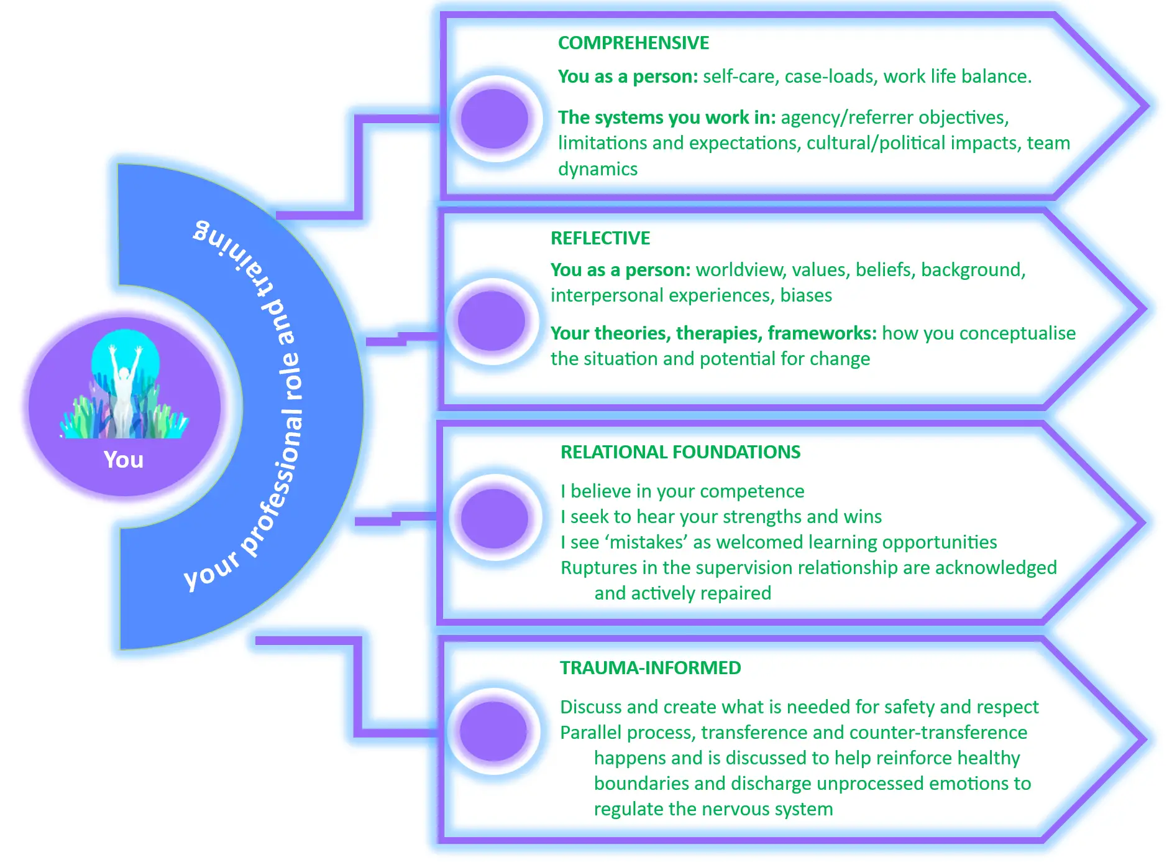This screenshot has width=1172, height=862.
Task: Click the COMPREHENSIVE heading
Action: [633, 43]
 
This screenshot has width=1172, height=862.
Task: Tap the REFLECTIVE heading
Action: [600, 238]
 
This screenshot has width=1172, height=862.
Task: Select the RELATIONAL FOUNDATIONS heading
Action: [680, 452]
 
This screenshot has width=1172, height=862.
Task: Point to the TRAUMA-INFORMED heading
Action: [651, 668]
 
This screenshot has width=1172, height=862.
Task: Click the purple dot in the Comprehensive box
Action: [495, 119]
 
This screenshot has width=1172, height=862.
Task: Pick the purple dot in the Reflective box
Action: [491, 321]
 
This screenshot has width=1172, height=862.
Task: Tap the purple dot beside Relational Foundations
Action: [495, 518]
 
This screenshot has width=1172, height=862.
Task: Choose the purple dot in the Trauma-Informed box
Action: [493, 731]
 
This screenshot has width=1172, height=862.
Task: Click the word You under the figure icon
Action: [124, 460]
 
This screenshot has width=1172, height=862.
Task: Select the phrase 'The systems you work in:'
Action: [667, 118]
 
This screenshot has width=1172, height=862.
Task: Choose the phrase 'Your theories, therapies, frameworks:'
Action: [713, 333]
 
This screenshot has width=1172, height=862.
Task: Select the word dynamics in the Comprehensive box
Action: [598, 169]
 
